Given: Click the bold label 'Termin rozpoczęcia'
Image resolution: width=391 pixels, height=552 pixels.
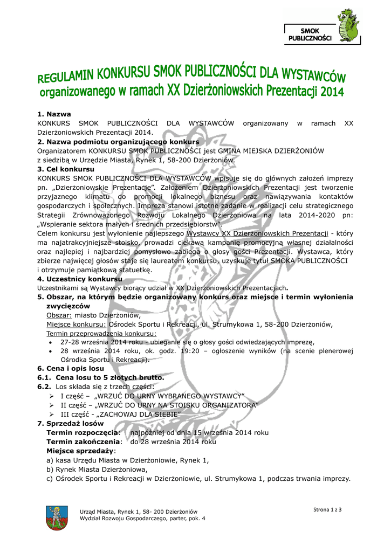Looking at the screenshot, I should coord(82,433).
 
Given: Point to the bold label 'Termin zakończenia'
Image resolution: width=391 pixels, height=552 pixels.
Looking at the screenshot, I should coord(83,441).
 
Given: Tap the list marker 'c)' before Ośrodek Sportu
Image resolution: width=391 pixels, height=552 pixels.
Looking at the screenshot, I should coord(50,479).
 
